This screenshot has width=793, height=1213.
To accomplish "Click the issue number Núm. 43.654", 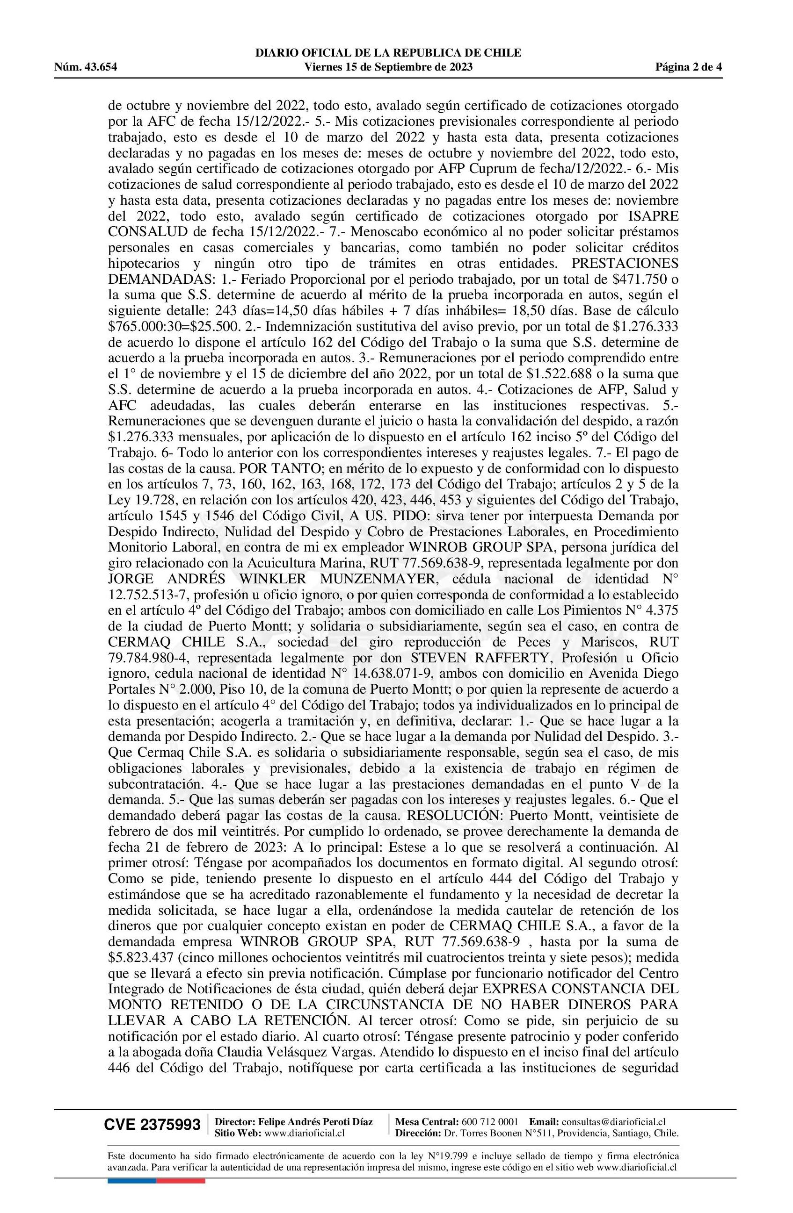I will pyautogui.click(x=86, y=67).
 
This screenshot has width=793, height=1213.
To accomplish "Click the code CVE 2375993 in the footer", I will pyautogui.click(x=152, y=1125).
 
